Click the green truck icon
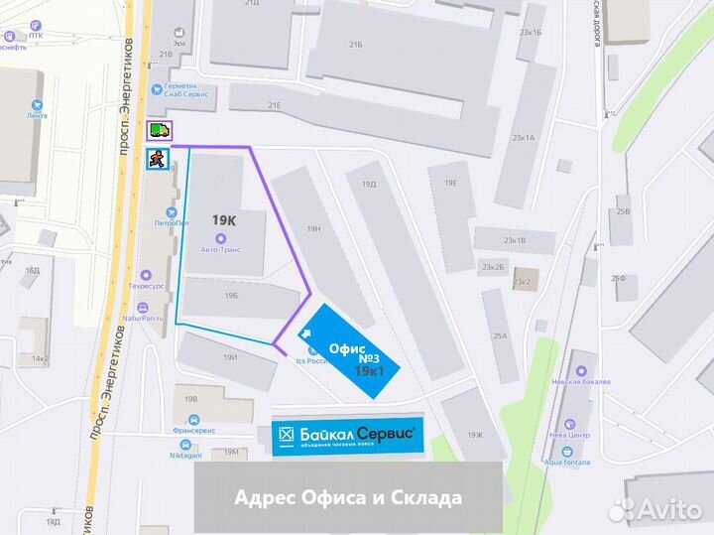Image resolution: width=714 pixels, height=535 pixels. pyautogui.click(x=159, y=130)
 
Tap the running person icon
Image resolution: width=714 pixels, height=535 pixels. pyautogui.click(x=157, y=159)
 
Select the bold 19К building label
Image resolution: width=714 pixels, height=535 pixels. pyautogui.click(x=224, y=219)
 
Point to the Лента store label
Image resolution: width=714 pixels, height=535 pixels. pyautogui.click(x=38, y=115)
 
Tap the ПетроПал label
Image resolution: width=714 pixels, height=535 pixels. pyautogui.click(x=170, y=222)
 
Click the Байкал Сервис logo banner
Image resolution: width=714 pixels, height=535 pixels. pyautogui.click(x=346, y=436)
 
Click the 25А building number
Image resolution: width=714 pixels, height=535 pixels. pyautogui.click(x=500, y=336)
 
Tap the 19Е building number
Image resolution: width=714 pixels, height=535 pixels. pyautogui.click(x=450, y=183)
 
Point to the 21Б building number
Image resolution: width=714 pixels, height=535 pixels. pyautogui.click(x=355, y=45)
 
